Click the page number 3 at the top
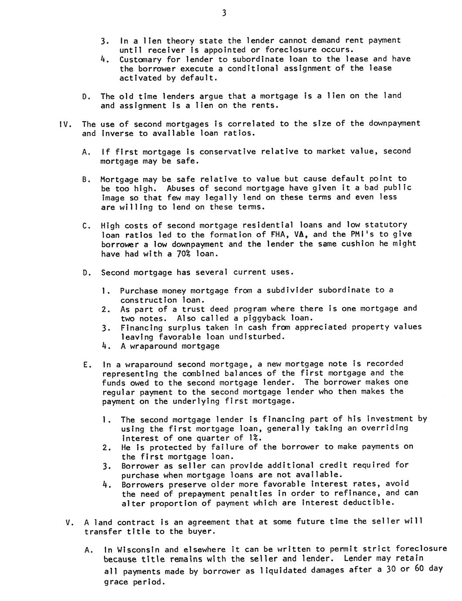224,13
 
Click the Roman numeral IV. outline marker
65,124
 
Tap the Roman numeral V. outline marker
69,522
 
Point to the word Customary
140,59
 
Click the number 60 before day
418,569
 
